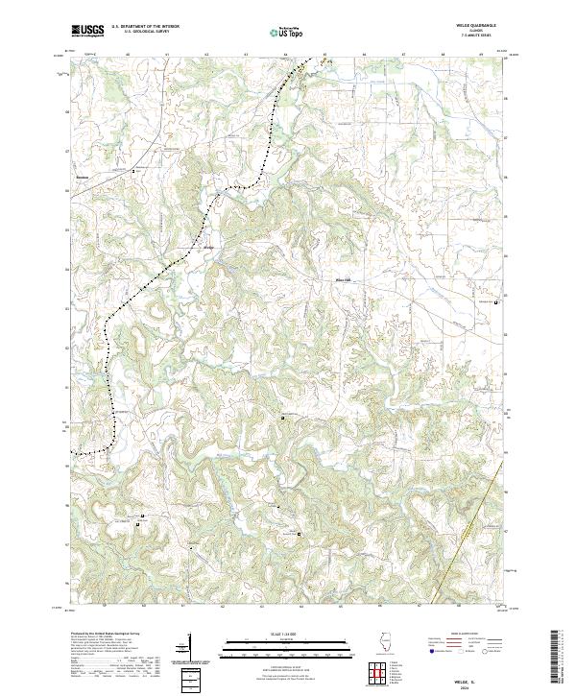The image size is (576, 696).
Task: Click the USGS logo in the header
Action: pyautogui.click(x=87, y=31)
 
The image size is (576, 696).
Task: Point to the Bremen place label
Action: pyautogui.click(x=83, y=177)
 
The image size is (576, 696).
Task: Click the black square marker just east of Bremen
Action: pyautogui.click(x=134, y=170)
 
